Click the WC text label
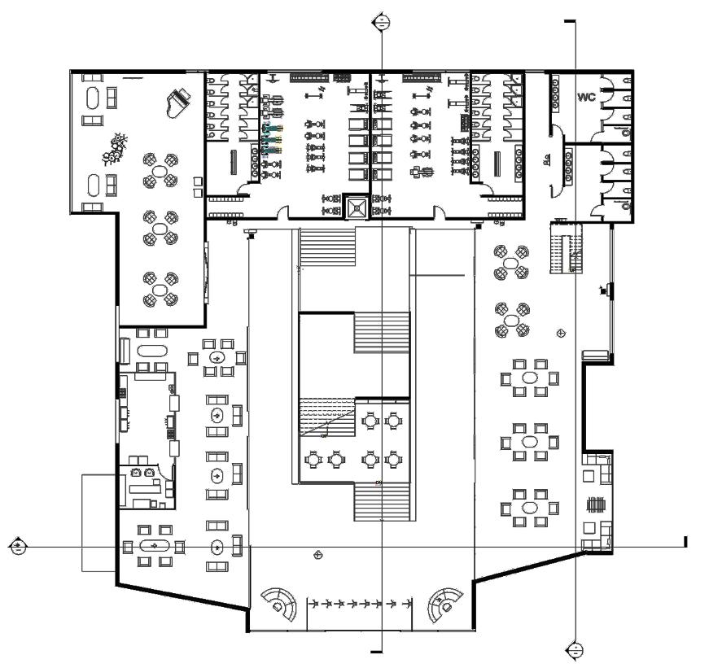coord(587,98)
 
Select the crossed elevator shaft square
coord(356,207)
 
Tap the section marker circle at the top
coord(379,23)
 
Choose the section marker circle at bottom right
coord(574,649)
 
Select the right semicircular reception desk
coord(446,604)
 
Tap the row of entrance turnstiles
coord(359,605)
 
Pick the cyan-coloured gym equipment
coord(273,139)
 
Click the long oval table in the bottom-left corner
coord(153,545)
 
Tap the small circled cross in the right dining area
coord(560,334)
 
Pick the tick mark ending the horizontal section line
coord(685,542)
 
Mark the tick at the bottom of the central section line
coord(376,651)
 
